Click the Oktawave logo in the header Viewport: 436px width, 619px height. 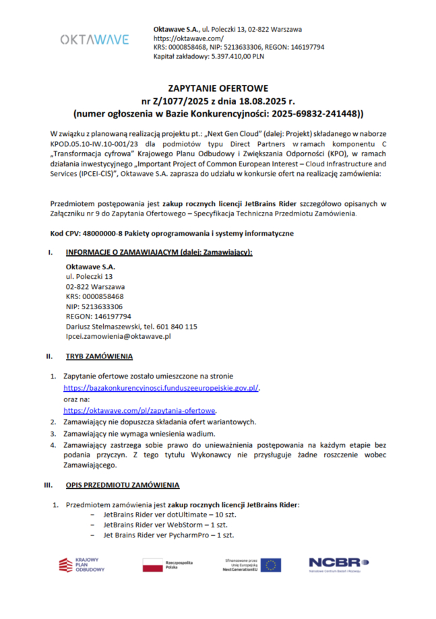pos(94,40)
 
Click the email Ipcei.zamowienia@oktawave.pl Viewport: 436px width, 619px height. pos(118,335)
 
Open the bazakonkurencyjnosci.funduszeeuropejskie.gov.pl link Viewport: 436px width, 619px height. pos(161,388)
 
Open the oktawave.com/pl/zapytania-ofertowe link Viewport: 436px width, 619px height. pos(139,410)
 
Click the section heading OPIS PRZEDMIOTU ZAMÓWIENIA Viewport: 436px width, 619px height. pos(123,484)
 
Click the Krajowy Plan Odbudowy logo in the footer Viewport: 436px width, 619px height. pos(82,564)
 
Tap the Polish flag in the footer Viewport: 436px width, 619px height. pos(152,564)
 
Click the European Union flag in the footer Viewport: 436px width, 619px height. pos(271,564)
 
